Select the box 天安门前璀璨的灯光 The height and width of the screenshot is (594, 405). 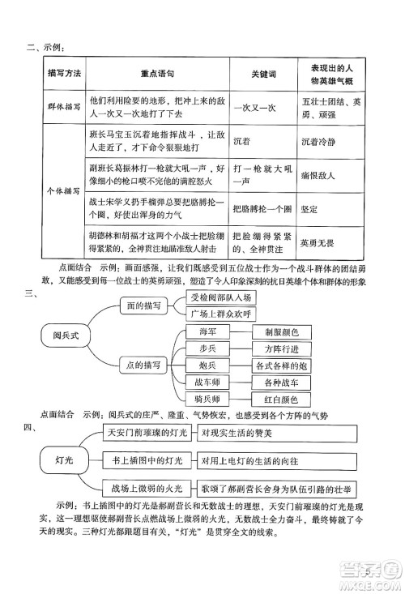point(147,434)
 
